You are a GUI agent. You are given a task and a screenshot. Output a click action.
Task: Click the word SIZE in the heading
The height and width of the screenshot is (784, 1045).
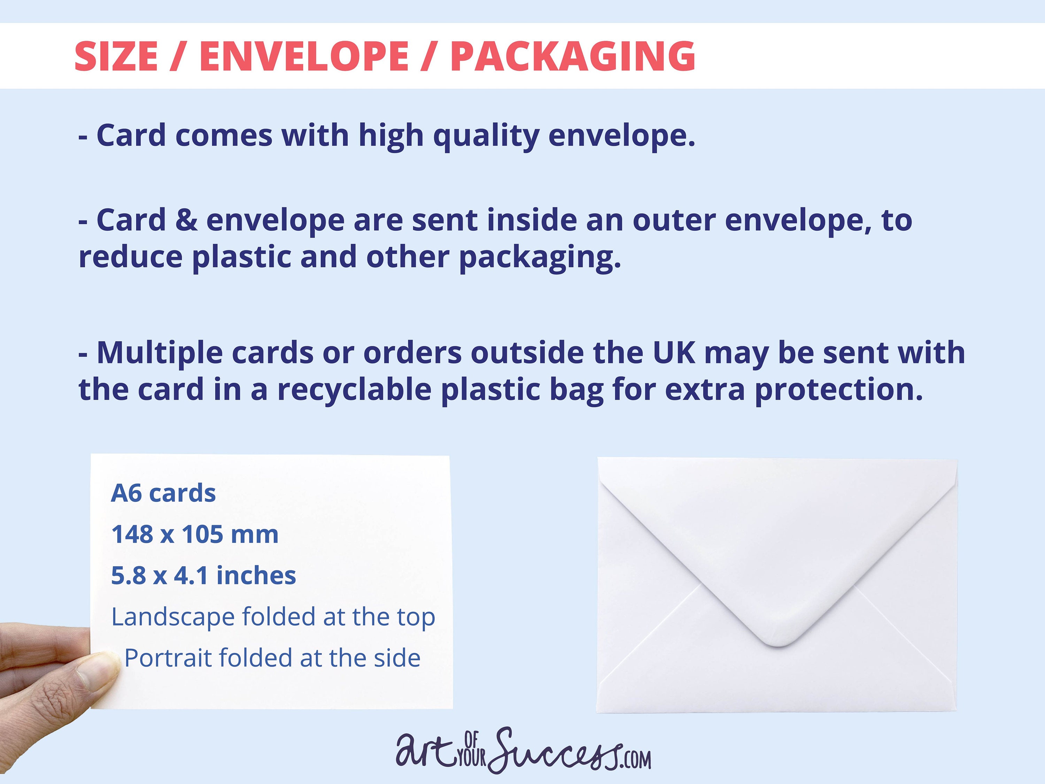116,56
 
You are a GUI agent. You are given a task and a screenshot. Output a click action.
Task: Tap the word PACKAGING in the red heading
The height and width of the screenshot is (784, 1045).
573,56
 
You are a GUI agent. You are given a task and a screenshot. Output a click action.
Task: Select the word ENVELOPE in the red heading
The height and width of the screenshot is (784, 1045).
304,56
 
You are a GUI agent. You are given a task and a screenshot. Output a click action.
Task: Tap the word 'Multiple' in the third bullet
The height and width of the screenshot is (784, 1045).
160,353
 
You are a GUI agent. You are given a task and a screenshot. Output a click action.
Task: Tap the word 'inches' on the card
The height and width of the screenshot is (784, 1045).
256,575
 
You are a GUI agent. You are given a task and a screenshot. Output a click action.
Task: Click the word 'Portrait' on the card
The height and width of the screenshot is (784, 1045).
168,658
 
